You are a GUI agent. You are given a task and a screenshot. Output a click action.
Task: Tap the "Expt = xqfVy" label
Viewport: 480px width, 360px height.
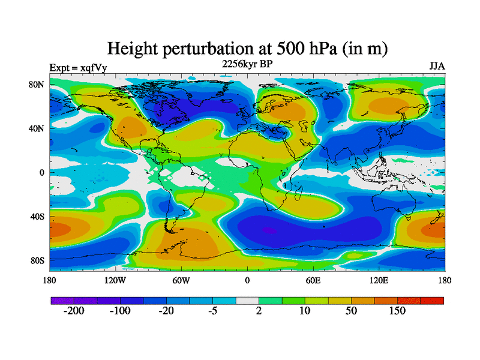point(78,68)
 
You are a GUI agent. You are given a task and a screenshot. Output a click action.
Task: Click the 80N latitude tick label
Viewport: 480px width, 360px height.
point(37,85)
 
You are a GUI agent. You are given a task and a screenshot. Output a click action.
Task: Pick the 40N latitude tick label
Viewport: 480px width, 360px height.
point(37,128)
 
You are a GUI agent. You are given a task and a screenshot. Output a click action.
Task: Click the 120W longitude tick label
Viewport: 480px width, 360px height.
point(115,280)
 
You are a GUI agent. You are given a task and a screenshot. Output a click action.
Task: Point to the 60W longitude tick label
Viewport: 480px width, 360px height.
point(181,280)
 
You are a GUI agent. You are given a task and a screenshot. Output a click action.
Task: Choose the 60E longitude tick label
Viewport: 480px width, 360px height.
point(313,280)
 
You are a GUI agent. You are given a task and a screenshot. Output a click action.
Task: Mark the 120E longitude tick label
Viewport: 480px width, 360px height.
point(379,280)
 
